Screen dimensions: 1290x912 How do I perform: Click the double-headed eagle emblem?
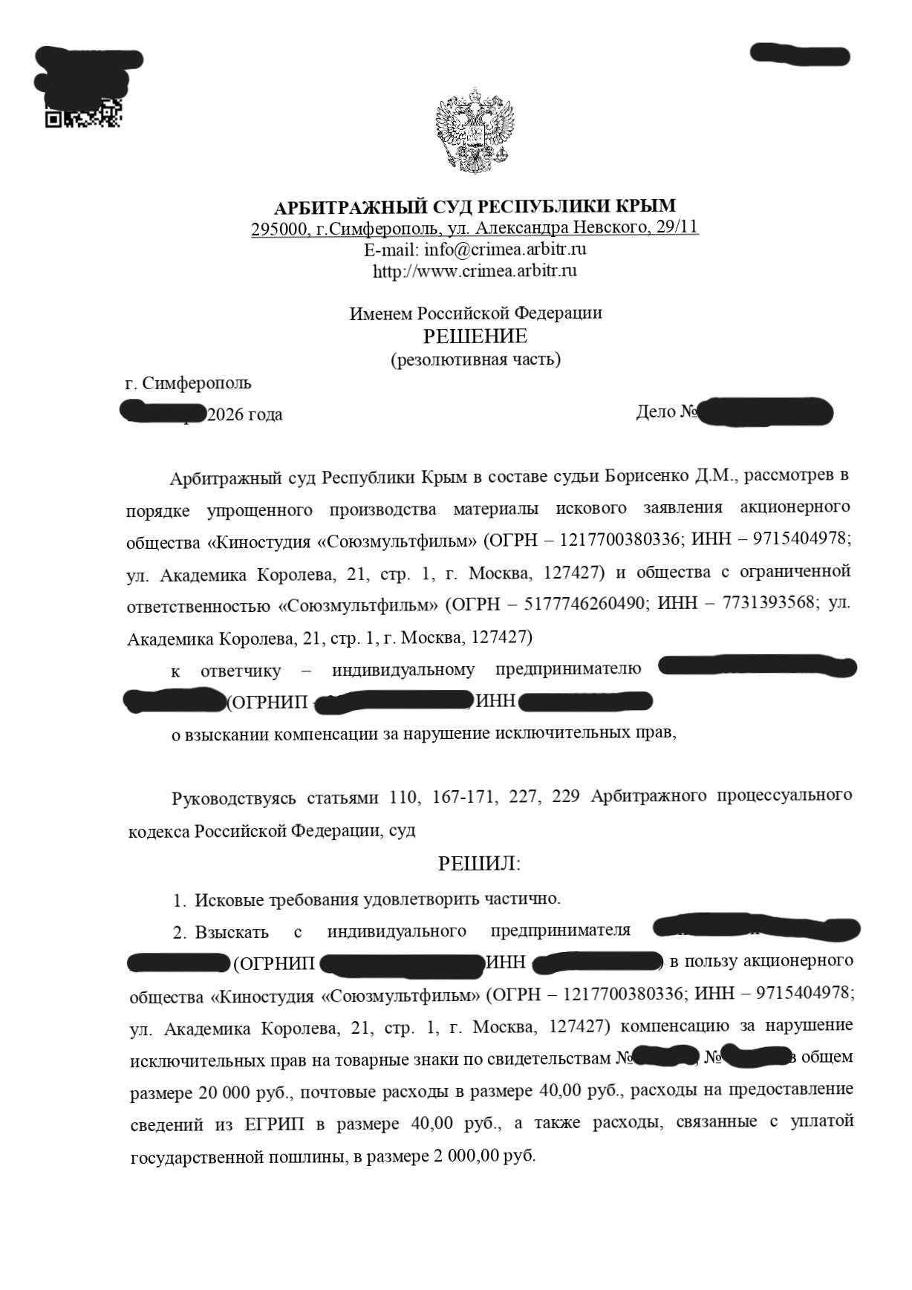pos(475,130)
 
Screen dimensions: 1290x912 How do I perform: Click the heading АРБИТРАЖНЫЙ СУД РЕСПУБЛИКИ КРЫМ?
pos(475,206)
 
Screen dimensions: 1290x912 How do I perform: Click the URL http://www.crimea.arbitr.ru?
pos(475,270)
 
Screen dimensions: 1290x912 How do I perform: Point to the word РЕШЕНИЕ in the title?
pos(475,336)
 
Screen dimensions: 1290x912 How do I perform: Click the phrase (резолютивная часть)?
pos(475,360)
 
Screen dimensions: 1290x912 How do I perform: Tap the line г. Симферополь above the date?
pos(189,383)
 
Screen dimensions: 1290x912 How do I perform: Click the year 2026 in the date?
pos(226,414)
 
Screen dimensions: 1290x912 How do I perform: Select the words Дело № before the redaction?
pos(666,411)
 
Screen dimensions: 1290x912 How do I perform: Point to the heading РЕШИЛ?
pos(479,864)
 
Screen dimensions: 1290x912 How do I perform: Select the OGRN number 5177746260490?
pos(584,604)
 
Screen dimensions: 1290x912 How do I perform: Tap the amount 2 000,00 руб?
pos(479,1156)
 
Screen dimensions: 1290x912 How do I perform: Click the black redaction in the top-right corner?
pos(799,55)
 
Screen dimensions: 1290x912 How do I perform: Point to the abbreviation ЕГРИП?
pos(274,1124)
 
